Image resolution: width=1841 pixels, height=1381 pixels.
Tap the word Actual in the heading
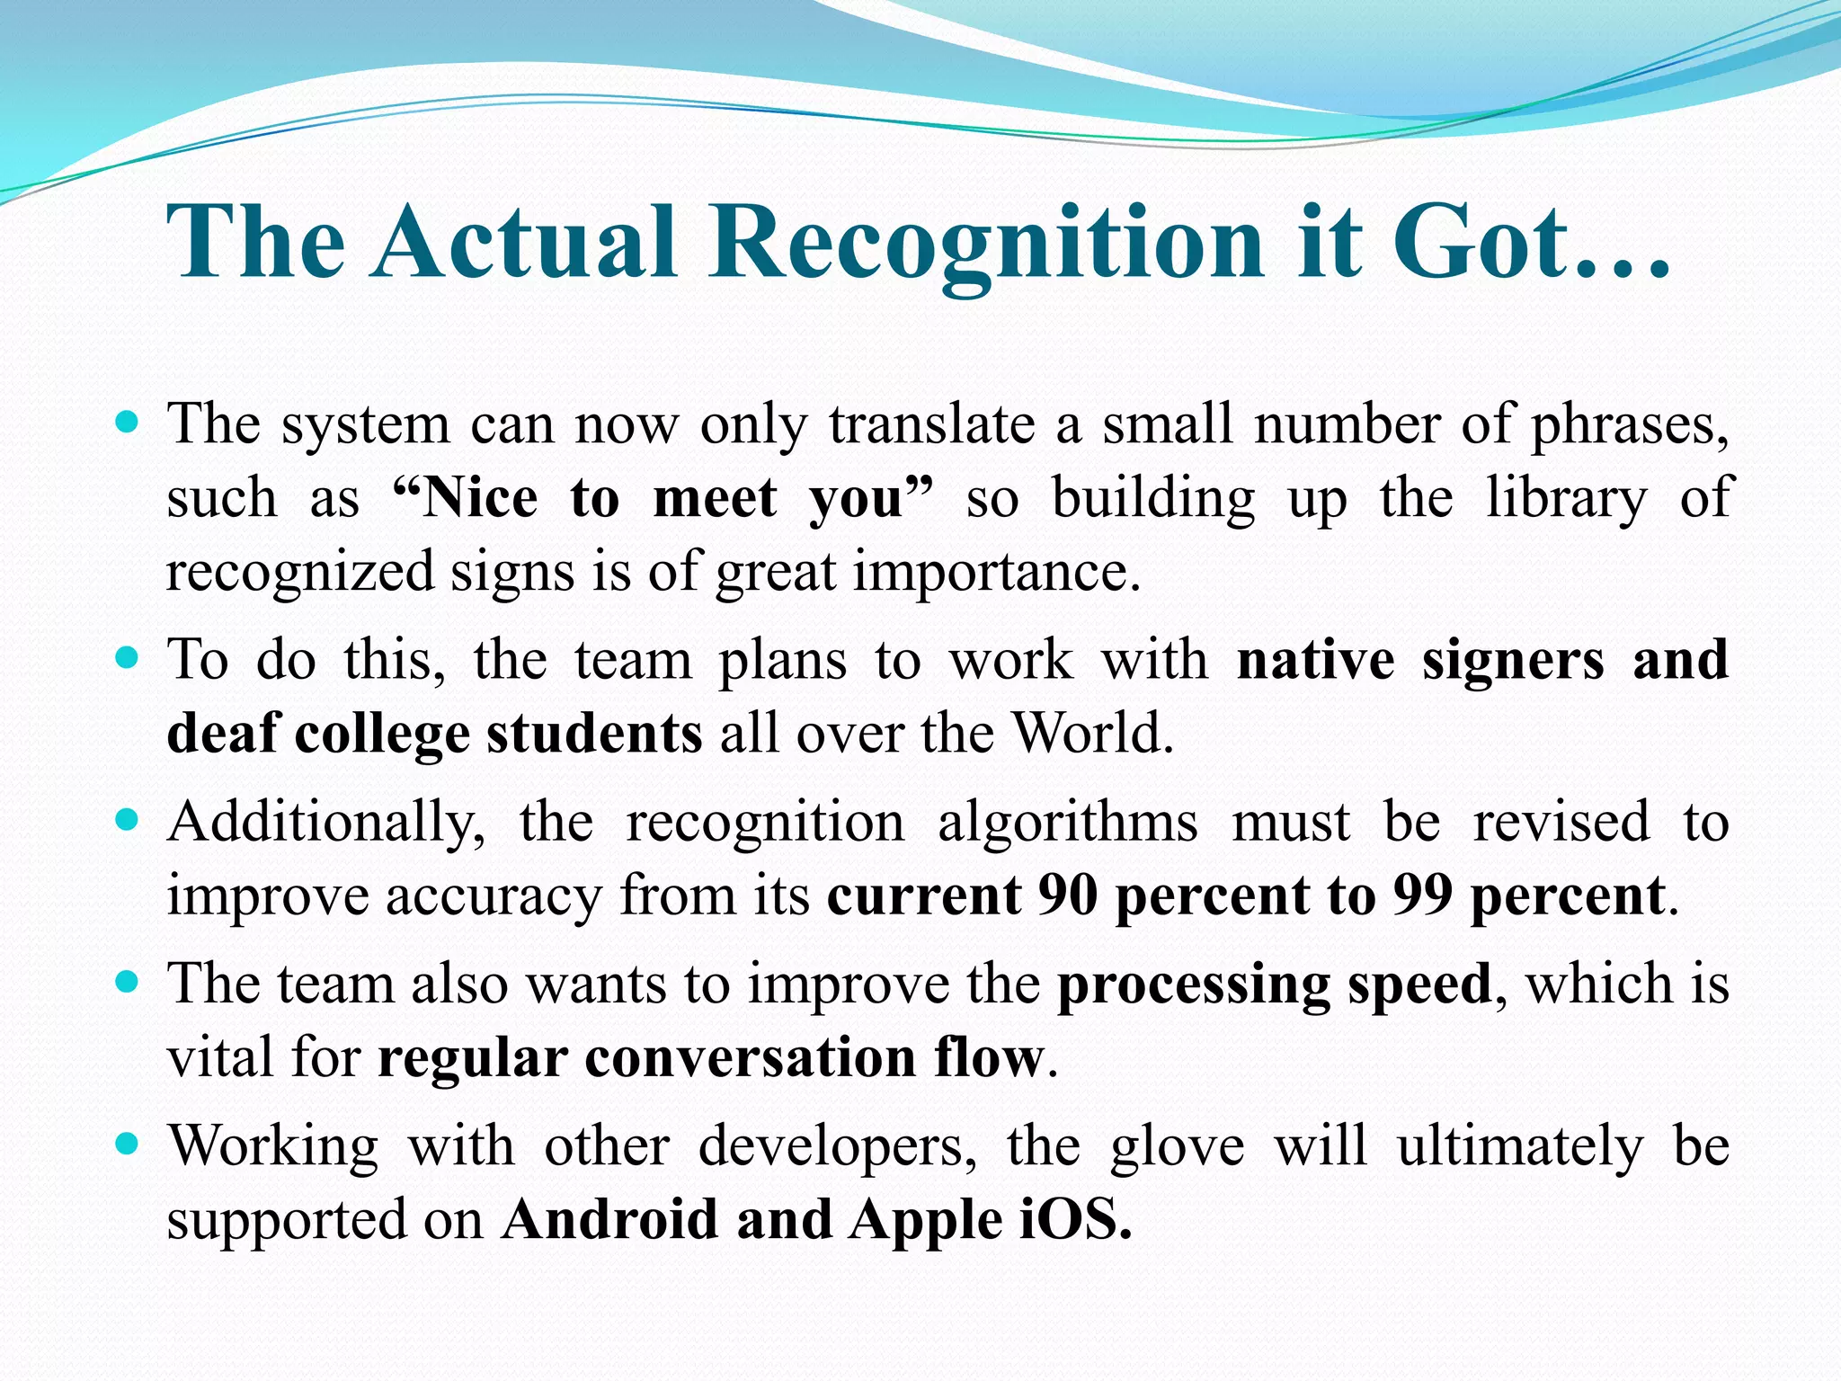coord(526,241)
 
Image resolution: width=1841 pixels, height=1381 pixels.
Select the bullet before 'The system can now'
coord(128,422)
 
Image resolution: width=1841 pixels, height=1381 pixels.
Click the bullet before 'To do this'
coord(128,657)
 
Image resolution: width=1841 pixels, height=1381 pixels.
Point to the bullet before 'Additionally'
coord(128,820)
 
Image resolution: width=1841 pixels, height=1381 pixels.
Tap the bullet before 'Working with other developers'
coord(128,1144)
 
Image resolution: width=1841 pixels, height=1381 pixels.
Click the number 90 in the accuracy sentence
coord(1067,895)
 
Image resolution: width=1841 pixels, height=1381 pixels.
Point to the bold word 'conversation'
coord(750,1057)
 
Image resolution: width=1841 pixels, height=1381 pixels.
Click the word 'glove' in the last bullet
coord(1177,1147)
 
